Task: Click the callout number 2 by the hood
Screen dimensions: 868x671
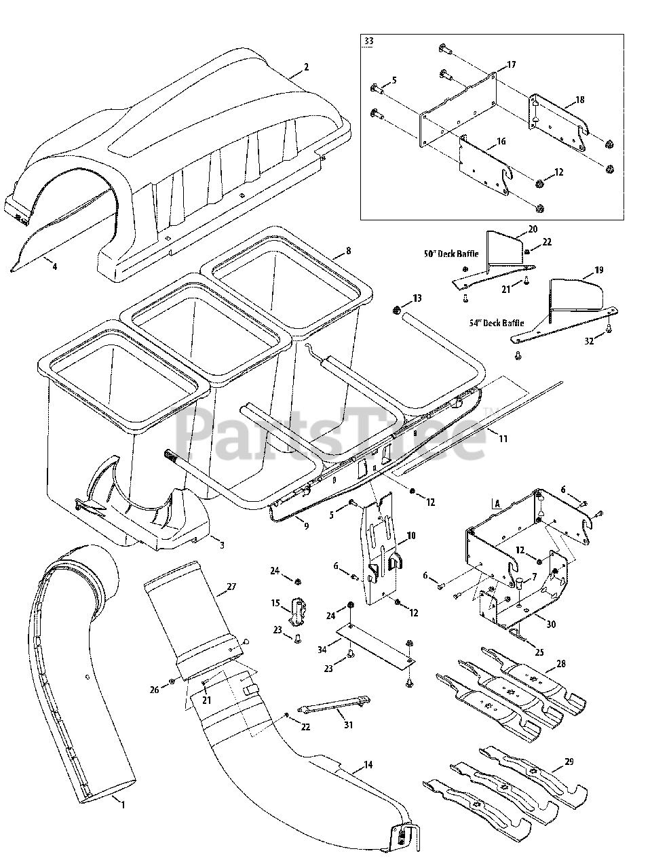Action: tap(307, 67)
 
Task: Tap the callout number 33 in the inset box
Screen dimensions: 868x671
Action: tap(368, 42)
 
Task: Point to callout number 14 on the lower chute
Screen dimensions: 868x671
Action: tap(368, 766)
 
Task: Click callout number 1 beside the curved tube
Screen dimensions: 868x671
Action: tap(123, 804)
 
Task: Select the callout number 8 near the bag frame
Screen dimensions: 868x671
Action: tap(348, 250)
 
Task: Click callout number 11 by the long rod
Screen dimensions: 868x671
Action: tap(503, 440)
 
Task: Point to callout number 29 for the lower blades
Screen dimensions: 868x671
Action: tap(569, 762)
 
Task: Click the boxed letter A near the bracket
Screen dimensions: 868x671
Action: tap(497, 504)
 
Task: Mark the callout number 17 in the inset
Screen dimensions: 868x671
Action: tap(511, 65)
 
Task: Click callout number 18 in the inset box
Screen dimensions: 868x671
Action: tap(579, 99)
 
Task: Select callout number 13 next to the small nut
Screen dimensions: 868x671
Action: tap(417, 298)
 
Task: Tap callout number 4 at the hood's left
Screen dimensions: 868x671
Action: tap(54, 267)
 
